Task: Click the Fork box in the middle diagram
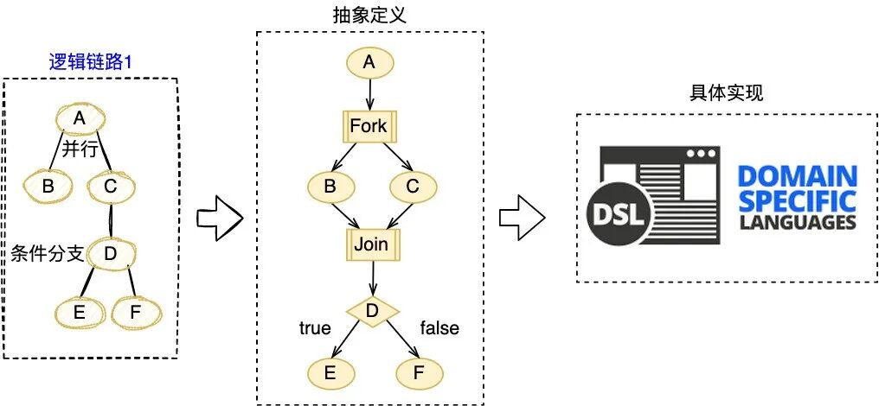tap(370, 126)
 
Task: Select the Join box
tap(370, 245)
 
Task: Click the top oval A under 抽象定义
tap(370, 62)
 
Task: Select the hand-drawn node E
tap(79, 313)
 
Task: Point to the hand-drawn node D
tap(110, 253)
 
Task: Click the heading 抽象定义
tap(369, 16)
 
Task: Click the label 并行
tap(78, 149)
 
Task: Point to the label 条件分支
tap(47, 254)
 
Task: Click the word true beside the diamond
tap(314, 328)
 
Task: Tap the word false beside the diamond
tap(439, 328)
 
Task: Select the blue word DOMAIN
tap(797, 177)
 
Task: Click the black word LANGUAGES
tap(797, 223)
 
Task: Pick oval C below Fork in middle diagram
tap(414, 186)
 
